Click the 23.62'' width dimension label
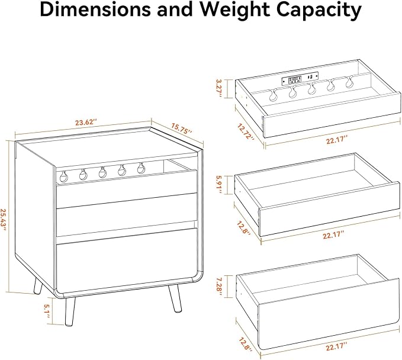pos(86,123)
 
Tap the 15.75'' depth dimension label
pos(182,128)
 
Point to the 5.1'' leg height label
pos(47,311)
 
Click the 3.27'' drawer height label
pos(220,88)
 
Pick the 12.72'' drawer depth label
pos(246,131)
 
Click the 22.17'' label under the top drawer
pos(337,141)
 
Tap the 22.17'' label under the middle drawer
pos(333,235)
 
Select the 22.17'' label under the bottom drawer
pos(337,348)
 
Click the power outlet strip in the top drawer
pos(300,79)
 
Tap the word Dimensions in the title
pos(96,9)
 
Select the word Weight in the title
pos(234,10)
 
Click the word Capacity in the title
pos(320,11)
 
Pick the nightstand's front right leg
pos(175,298)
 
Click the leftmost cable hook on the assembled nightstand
pos(63,176)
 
